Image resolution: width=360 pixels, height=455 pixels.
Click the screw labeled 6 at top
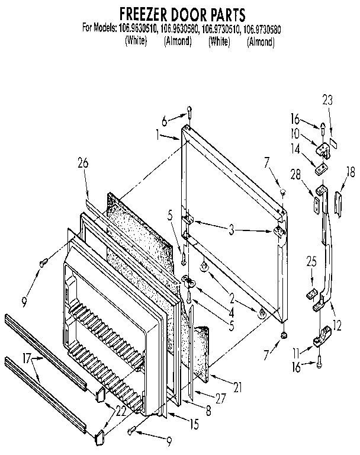pos(189,110)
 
